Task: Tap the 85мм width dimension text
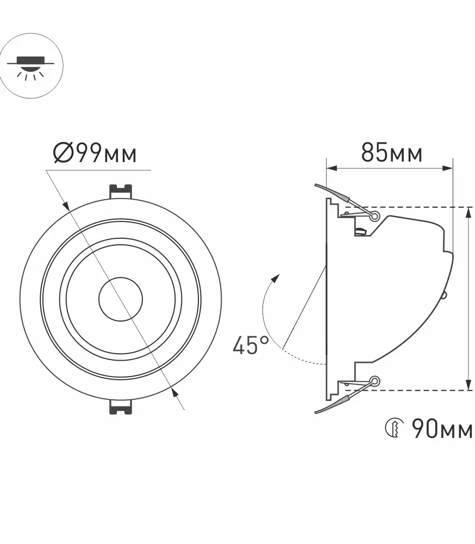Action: coord(392,152)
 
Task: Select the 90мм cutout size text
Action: coord(442,429)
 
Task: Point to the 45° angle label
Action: coord(251,345)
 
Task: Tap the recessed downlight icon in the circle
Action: coord(31,66)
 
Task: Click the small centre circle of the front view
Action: coord(120,299)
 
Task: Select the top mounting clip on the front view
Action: coord(120,191)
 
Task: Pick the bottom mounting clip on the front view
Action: coord(120,406)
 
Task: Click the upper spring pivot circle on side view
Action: coord(374,217)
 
